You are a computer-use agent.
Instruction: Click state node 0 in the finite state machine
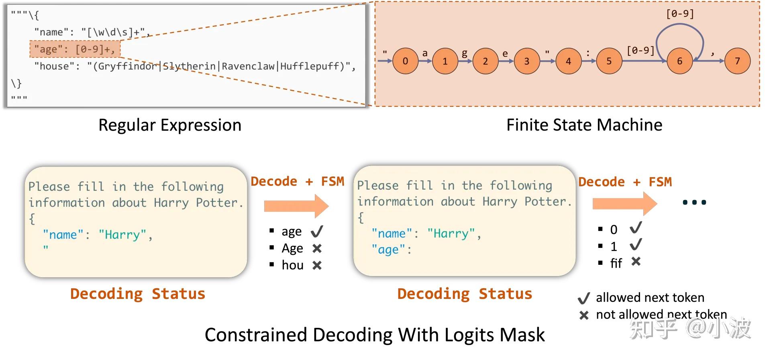(405, 61)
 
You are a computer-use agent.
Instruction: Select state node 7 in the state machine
(737, 61)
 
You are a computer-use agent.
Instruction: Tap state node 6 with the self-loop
(679, 61)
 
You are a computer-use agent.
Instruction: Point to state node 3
(526, 61)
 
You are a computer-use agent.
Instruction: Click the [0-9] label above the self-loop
(680, 14)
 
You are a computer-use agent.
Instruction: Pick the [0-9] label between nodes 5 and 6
(640, 50)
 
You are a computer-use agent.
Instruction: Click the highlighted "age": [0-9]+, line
(75, 49)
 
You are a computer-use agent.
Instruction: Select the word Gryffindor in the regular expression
(128, 66)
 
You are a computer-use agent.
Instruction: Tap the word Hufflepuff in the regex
(310, 66)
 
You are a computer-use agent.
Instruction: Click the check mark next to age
(317, 231)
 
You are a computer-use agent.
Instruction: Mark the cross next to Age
(317, 249)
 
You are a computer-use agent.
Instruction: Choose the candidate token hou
(293, 265)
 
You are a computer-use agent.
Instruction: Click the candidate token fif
(616, 263)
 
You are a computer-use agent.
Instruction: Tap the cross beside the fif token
(636, 262)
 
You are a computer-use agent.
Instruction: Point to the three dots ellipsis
(694, 202)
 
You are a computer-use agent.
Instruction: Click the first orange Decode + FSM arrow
(296, 206)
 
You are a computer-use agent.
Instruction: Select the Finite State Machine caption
(584, 125)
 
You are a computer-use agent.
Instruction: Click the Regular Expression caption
(170, 125)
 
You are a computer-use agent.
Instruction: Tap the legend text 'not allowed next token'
(661, 315)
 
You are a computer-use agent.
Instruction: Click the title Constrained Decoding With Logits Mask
(375, 335)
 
